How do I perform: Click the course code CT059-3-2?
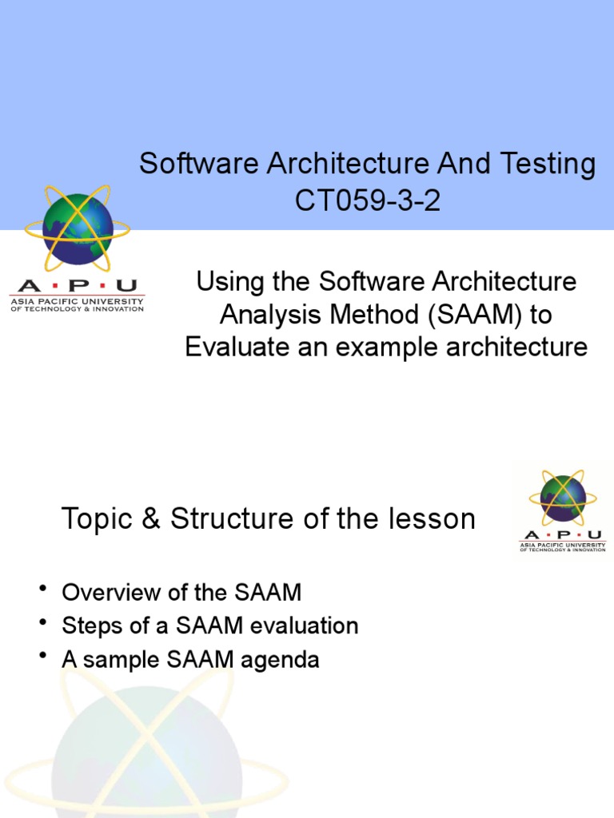(x=367, y=201)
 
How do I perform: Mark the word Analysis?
(x=267, y=315)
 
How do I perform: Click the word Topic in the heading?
(x=94, y=519)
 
